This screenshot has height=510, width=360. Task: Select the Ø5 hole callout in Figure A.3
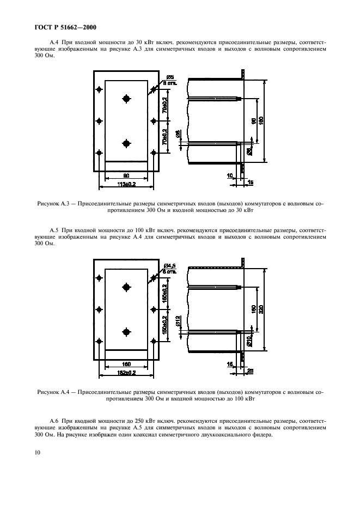tap(169, 77)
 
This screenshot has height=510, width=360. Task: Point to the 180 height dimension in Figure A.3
tap(261, 120)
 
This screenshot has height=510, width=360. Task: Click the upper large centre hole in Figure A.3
tap(126, 99)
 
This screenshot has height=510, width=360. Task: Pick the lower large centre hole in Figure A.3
tap(126, 143)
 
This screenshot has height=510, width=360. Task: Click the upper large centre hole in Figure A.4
tap(126, 287)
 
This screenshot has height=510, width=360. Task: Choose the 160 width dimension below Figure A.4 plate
tap(126, 364)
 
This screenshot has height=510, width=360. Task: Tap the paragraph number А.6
tap(54, 421)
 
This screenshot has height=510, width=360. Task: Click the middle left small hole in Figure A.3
tap(99, 121)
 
